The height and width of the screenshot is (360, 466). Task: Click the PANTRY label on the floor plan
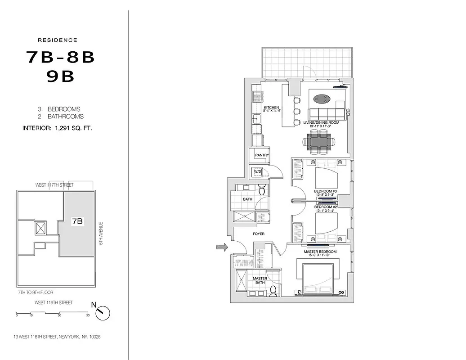click(x=262, y=155)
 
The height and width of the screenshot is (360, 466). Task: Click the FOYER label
click(x=259, y=234)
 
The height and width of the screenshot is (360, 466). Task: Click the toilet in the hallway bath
click(x=263, y=190)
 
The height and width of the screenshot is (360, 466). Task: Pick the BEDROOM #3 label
click(x=326, y=191)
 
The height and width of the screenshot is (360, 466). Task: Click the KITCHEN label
click(x=272, y=108)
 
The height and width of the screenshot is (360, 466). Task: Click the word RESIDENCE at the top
click(x=57, y=40)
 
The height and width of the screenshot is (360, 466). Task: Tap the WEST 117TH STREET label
click(x=54, y=185)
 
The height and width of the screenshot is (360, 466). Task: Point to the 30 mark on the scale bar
click(x=59, y=315)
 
